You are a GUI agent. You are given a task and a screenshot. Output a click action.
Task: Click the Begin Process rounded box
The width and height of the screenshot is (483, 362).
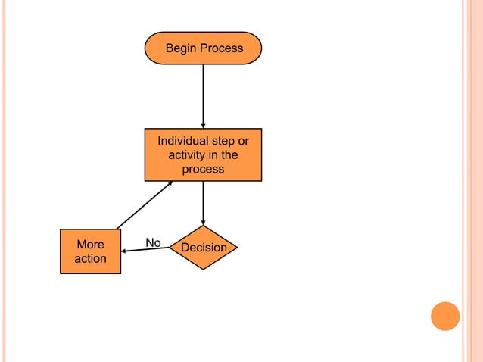tap(203, 48)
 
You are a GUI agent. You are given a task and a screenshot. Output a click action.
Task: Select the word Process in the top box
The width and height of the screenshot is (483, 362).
tap(222, 48)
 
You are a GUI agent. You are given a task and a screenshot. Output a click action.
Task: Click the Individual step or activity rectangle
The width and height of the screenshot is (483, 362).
tap(203, 154)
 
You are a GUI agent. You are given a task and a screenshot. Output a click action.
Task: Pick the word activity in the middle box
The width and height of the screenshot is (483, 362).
tap(186, 155)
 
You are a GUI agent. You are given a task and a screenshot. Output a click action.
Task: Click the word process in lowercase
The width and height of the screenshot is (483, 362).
tap(203, 170)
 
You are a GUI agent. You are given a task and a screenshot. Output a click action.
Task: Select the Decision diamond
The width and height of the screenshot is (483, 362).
tap(203, 248)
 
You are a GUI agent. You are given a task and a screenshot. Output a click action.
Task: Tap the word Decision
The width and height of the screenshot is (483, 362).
tap(204, 248)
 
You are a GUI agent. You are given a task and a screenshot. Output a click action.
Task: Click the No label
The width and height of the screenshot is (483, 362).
tap(153, 242)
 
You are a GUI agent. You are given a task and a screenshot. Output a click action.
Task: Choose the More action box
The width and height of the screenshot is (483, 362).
tap(90, 251)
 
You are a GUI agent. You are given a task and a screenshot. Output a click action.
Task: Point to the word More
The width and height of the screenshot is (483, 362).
tap(90, 245)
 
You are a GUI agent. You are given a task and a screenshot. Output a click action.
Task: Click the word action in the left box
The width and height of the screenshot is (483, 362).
tap(90, 259)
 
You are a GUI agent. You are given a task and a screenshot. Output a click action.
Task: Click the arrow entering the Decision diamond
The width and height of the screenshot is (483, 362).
tap(203, 203)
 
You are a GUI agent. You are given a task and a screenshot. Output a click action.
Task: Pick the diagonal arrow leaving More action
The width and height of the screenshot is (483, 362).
tap(145, 204)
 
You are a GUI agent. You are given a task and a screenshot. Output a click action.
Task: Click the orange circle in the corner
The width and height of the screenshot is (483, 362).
tap(445, 316)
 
